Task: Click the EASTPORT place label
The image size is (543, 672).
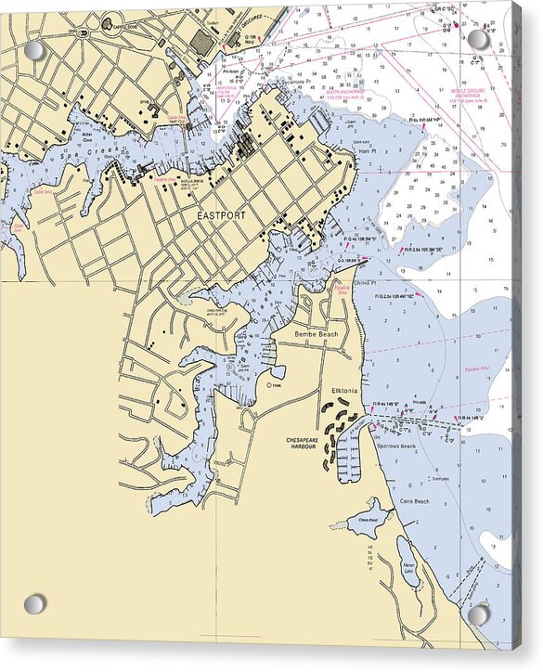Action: tap(222, 215)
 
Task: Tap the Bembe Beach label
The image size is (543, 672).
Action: tap(313, 332)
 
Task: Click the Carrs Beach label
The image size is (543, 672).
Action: tap(414, 501)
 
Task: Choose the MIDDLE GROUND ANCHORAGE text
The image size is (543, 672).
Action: tap(471, 93)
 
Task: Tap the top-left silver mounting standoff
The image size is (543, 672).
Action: tap(34, 50)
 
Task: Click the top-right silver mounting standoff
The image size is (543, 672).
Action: tap(478, 39)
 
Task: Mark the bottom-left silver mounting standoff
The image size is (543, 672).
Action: tap(34, 604)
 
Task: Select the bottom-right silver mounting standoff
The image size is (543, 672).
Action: tap(478, 614)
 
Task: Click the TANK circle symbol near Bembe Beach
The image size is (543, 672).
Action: tap(268, 384)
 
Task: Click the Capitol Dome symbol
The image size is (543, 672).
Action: tap(108, 22)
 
